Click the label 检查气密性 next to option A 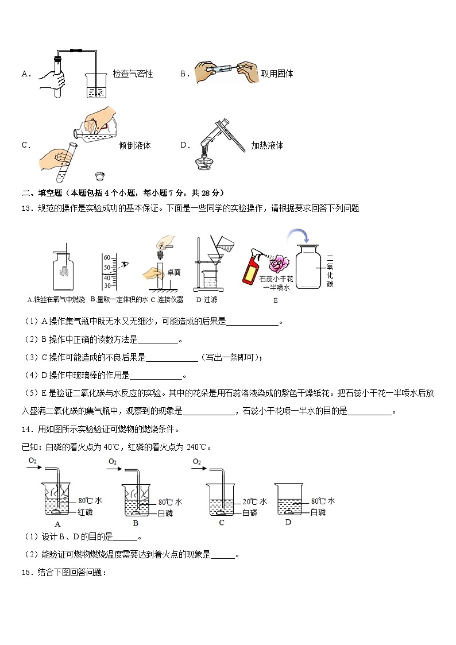click(133, 74)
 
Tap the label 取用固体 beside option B click(277, 74)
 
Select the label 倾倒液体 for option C click(134, 145)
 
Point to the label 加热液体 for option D click(267, 145)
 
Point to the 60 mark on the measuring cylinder click(107, 258)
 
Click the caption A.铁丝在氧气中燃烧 click(56, 300)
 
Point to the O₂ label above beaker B click(112, 462)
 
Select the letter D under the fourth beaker click(288, 522)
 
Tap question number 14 click(26, 429)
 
